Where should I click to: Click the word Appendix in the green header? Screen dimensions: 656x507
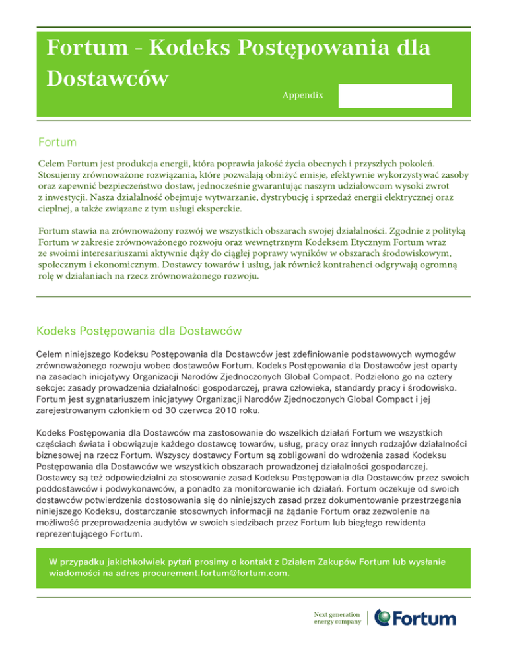point(302,96)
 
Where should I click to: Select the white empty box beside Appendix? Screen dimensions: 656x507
point(395,96)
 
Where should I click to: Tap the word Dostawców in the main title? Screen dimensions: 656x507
point(105,78)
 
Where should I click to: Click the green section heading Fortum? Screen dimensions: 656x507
point(57,142)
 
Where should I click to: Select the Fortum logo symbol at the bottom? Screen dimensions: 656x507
point(383,618)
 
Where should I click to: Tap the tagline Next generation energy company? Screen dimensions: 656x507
point(337,618)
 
